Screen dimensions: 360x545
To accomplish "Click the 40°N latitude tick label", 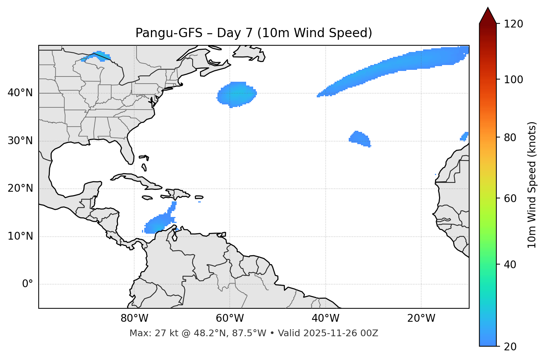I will click(x=20, y=93).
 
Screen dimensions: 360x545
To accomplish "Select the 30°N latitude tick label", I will click(x=20, y=141).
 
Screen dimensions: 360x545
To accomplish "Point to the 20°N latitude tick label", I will click(x=20, y=188).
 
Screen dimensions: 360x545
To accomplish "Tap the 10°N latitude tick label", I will click(x=20, y=236).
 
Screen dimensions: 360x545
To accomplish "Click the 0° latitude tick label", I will click(x=28, y=284).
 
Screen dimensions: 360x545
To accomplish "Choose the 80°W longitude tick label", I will click(x=134, y=318).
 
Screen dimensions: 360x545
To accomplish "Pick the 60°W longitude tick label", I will click(x=230, y=318).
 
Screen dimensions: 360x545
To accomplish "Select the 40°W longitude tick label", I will click(x=326, y=318).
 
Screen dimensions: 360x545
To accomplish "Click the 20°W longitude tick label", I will click(x=421, y=318).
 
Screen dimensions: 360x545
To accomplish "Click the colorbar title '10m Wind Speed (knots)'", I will click(x=532, y=185).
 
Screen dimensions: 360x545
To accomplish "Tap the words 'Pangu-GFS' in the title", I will click(x=169, y=33).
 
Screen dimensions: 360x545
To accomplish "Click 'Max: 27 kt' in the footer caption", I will click(x=150, y=333).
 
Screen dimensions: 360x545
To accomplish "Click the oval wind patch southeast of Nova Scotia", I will click(x=237, y=95).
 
